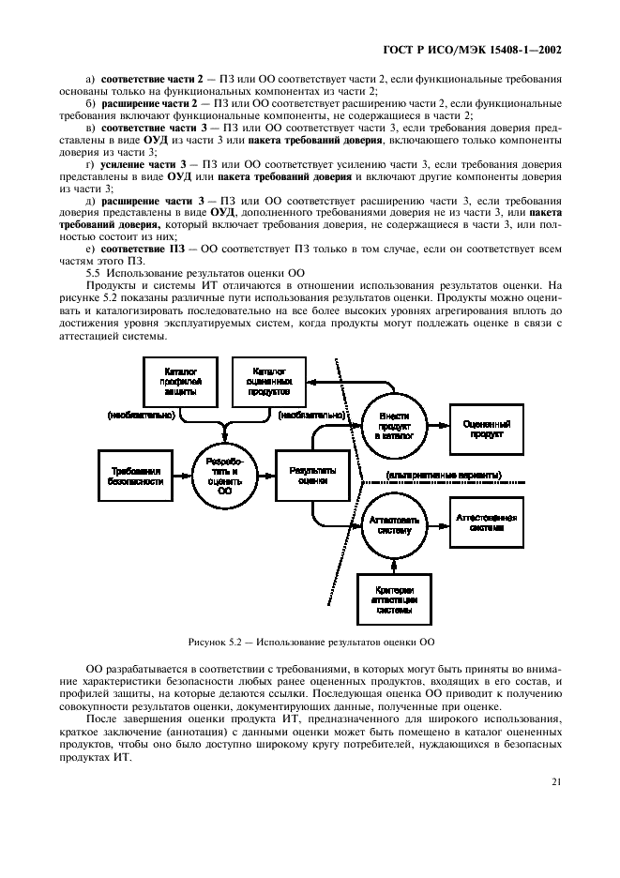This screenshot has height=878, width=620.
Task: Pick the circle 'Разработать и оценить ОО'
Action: click(x=224, y=477)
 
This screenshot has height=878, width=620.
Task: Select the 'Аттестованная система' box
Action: click(x=487, y=522)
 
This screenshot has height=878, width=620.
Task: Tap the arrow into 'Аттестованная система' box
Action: click(x=439, y=523)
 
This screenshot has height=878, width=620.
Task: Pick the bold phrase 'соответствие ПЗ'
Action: click(x=131, y=248)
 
